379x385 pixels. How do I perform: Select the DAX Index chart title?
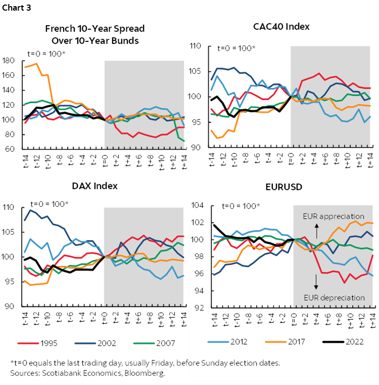(94, 186)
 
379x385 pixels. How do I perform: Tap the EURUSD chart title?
(285, 187)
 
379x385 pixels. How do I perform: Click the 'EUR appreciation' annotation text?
(334, 217)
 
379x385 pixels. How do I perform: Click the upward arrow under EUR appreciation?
(317, 231)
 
